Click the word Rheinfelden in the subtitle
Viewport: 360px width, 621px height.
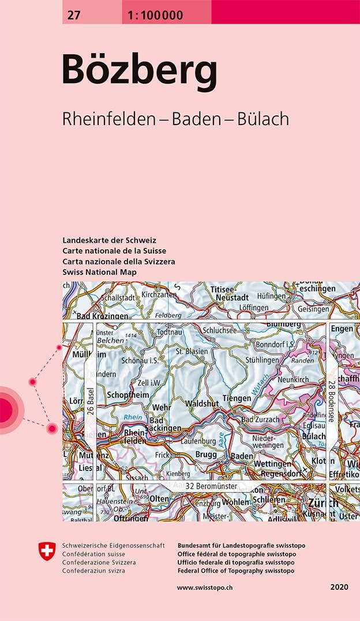tap(108, 119)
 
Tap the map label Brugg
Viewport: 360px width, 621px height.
tap(206, 455)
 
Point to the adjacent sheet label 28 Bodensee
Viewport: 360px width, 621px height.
tap(332, 401)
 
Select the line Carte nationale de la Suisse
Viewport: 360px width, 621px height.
tap(114, 251)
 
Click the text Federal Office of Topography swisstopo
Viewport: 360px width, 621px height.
tap(237, 570)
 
